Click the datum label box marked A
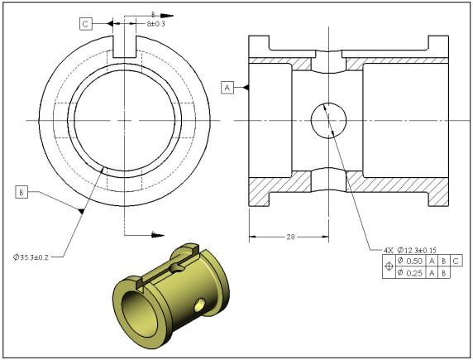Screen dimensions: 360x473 click(227, 86)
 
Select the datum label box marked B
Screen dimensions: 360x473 click(21, 192)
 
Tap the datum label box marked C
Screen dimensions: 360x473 click(86, 25)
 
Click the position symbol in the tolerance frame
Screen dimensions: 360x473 click(389, 268)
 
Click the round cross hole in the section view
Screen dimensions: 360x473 click(329, 121)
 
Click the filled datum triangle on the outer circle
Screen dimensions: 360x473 click(81, 213)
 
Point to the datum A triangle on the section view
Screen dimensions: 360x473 click(246, 86)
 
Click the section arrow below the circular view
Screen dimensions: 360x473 click(152, 235)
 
